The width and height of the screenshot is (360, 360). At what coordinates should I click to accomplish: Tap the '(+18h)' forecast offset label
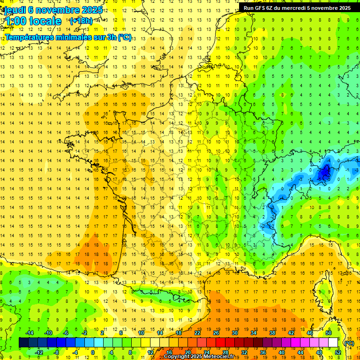point(81,21)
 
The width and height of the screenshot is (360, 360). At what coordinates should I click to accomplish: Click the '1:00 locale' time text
point(33,21)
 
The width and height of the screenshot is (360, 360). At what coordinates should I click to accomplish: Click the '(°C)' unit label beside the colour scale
point(349,343)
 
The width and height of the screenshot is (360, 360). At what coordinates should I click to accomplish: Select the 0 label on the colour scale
point(93,352)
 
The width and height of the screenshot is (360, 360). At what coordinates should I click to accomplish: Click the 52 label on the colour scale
point(338,352)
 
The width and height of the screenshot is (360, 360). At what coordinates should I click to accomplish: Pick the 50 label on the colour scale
point(329,333)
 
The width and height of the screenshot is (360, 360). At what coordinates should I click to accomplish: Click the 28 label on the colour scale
point(225,352)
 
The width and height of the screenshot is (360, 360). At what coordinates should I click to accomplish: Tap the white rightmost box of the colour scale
point(333,343)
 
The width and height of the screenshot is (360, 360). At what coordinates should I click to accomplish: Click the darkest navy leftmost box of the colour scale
point(23,343)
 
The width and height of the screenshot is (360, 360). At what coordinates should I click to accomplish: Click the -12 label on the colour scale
point(39,352)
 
